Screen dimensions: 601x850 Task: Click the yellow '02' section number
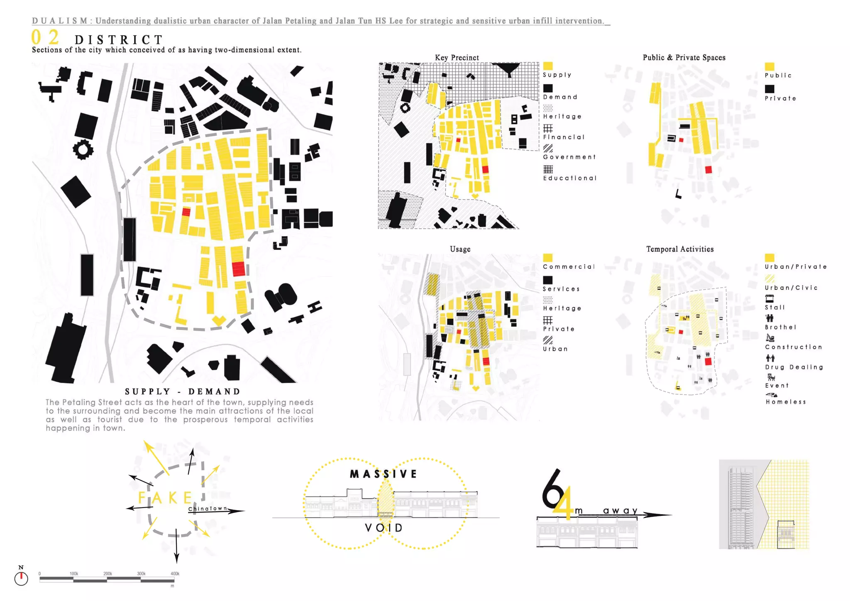click(x=45, y=37)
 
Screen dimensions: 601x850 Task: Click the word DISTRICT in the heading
click(x=119, y=40)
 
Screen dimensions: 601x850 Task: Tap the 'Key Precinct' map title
click(x=457, y=58)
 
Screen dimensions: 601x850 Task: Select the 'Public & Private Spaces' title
click(x=684, y=58)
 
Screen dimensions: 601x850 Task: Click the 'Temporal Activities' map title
click(x=679, y=249)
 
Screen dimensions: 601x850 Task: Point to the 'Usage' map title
click(x=460, y=249)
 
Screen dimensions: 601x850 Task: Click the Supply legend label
click(x=557, y=75)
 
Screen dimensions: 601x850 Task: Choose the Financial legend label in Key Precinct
click(x=564, y=137)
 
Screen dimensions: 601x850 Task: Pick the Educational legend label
click(x=569, y=178)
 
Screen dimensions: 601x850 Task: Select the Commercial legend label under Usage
click(x=569, y=267)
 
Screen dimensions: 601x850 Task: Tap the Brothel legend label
click(x=780, y=327)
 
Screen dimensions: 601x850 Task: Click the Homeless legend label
click(x=786, y=402)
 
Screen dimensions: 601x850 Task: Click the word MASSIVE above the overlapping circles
click(x=383, y=474)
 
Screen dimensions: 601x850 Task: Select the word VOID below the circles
click(x=383, y=528)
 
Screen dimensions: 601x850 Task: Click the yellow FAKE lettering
click(x=165, y=498)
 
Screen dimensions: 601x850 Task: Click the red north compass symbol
click(x=21, y=578)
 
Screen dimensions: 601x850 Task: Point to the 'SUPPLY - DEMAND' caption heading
click(x=183, y=392)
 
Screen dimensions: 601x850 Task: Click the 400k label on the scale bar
click(x=175, y=574)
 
